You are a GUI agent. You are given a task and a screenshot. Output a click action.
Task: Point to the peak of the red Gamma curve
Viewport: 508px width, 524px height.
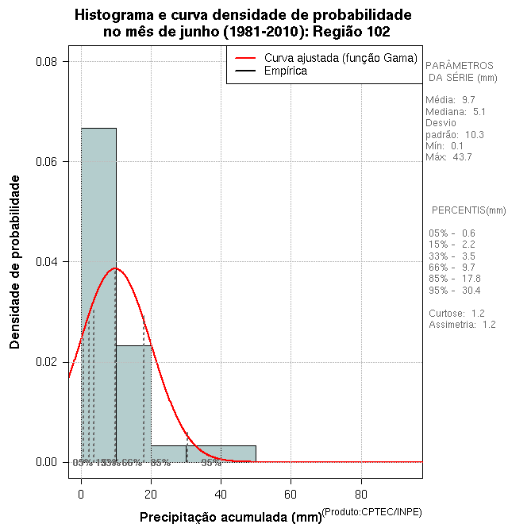[115, 268]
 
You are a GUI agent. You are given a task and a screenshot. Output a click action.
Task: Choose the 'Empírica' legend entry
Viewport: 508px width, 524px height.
[286, 71]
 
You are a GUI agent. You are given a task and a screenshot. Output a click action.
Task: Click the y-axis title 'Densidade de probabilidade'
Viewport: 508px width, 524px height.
[15, 262]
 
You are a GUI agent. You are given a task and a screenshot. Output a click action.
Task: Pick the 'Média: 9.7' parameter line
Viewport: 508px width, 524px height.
[450, 100]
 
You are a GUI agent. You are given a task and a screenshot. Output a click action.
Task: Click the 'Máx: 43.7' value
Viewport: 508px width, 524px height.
[448, 157]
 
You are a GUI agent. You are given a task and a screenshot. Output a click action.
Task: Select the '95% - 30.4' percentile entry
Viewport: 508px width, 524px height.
[454, 290]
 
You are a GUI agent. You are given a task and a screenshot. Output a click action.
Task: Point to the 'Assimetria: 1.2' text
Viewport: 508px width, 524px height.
[462, 325]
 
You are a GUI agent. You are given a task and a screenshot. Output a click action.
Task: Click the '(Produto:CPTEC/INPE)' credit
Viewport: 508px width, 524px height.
[373, 510]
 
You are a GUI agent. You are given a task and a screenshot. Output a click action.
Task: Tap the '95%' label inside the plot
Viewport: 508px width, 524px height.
[211, 463]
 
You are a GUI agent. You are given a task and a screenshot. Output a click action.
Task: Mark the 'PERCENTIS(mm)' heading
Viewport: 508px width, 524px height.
[468, 210]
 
